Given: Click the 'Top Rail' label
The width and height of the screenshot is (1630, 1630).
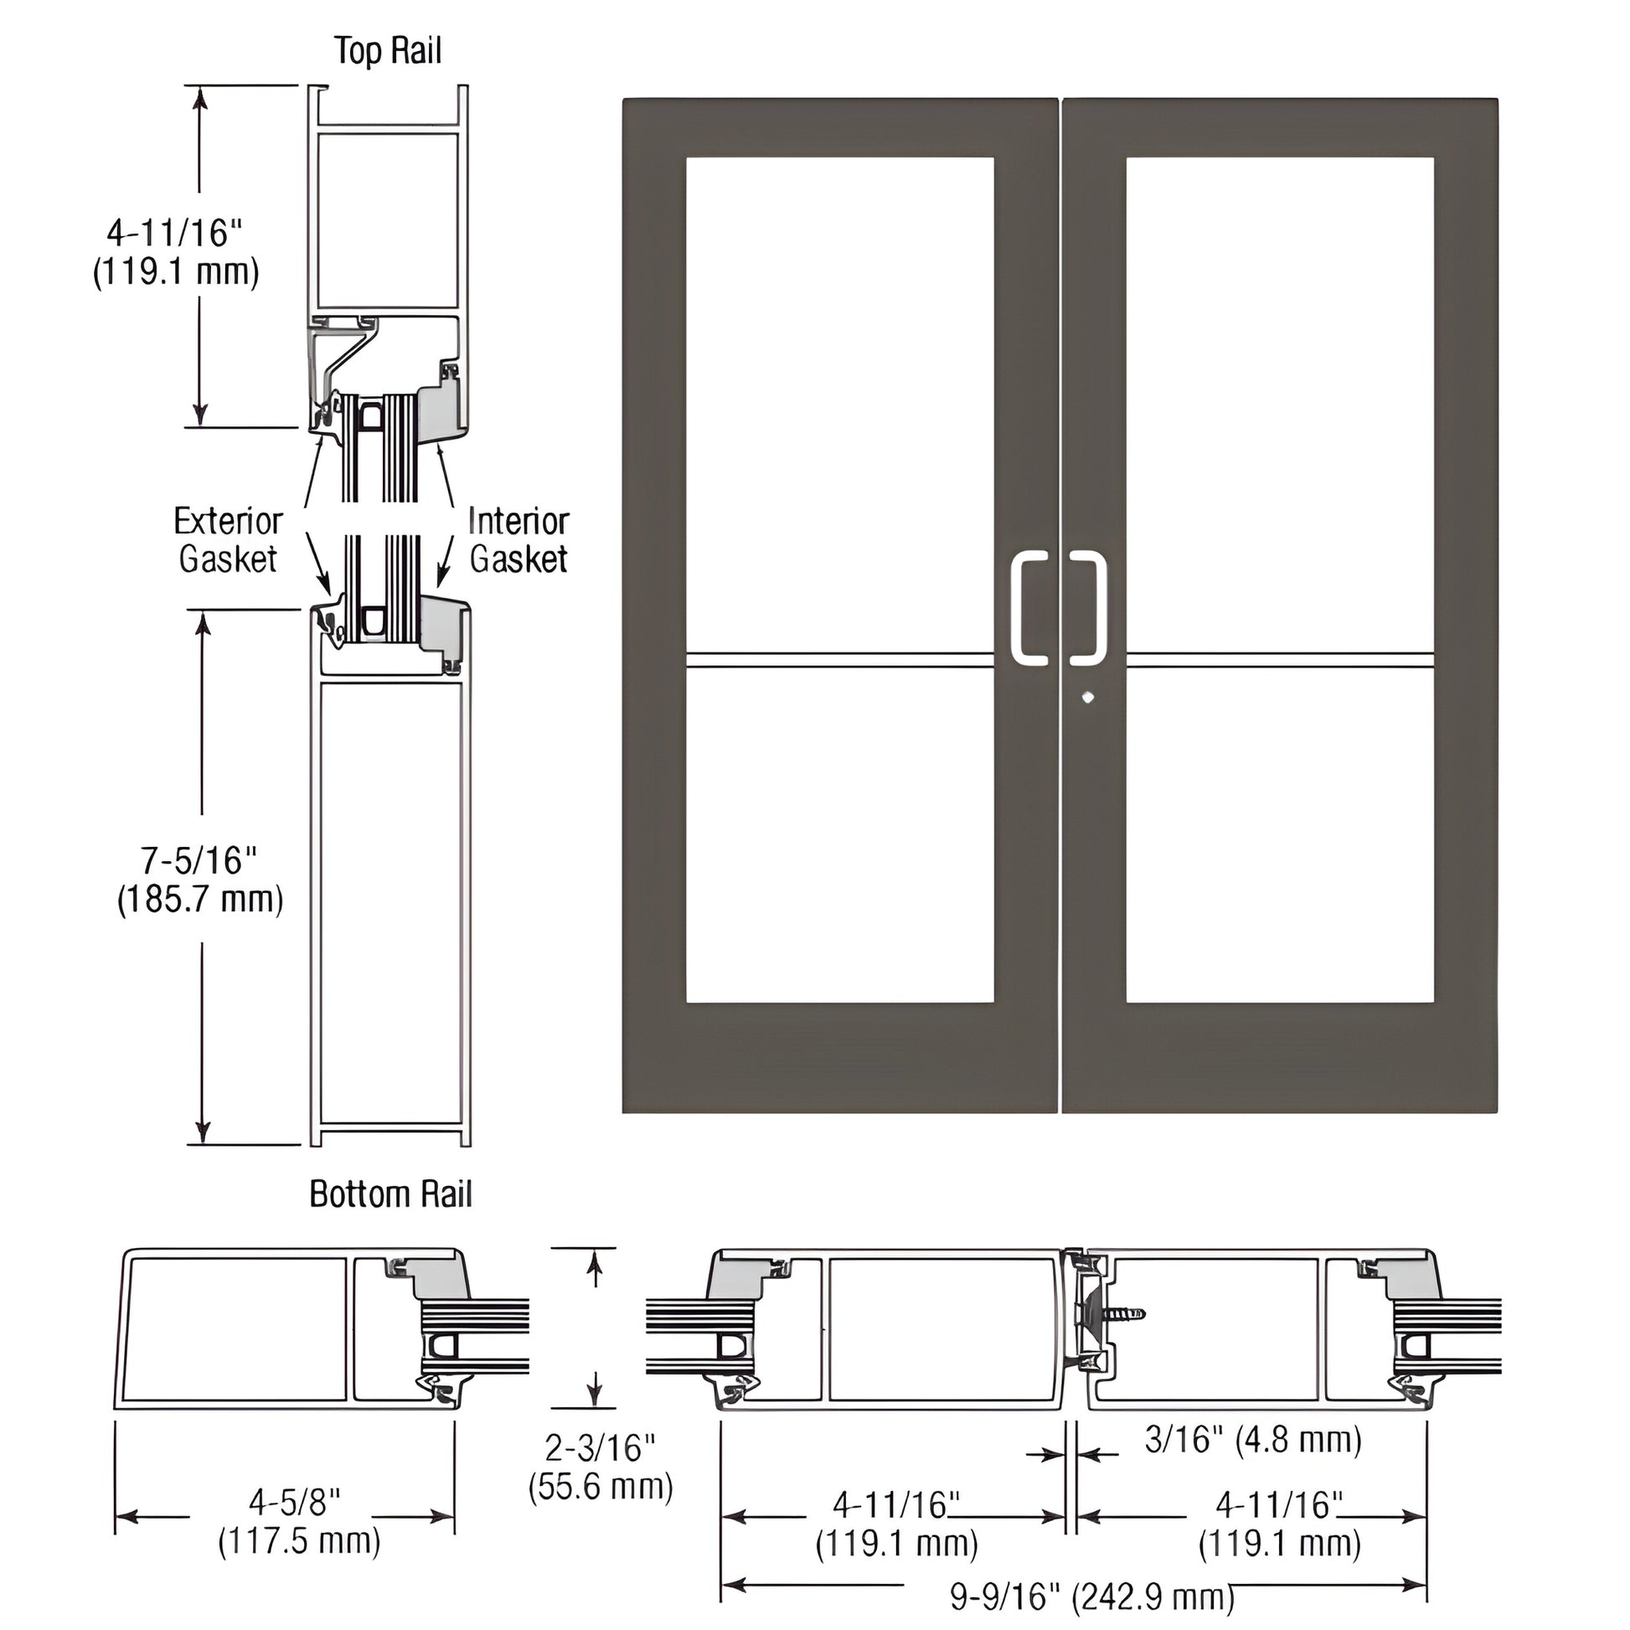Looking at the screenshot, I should [x=387, y=50].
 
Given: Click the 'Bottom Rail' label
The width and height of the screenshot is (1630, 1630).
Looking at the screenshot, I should [x=389, y=1194].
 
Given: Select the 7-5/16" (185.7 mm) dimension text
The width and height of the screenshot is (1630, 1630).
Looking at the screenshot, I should [x=200, y=880].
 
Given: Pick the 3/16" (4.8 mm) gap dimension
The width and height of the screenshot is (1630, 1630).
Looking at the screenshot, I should [x=1253, y=1440].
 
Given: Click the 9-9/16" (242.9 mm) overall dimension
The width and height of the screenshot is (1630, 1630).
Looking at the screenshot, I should [x=1091, y=1597].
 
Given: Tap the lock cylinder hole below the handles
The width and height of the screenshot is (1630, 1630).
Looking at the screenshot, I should [x=1087, y=698].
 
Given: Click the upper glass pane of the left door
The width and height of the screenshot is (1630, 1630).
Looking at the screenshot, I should [x=839, y=405].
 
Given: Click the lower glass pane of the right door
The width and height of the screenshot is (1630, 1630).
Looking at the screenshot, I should [x=1280, y=835].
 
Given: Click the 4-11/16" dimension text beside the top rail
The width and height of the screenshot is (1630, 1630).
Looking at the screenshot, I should [x=176, y=251].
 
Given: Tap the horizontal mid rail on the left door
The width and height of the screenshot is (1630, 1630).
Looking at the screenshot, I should [x=839, y=661].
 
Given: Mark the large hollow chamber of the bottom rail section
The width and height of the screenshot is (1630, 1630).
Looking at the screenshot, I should [x=390, y=903].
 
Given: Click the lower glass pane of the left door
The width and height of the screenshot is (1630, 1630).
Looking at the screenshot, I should [x=839, y=835].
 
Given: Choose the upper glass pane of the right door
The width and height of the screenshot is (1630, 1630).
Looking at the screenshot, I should [x=1280, y=405].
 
